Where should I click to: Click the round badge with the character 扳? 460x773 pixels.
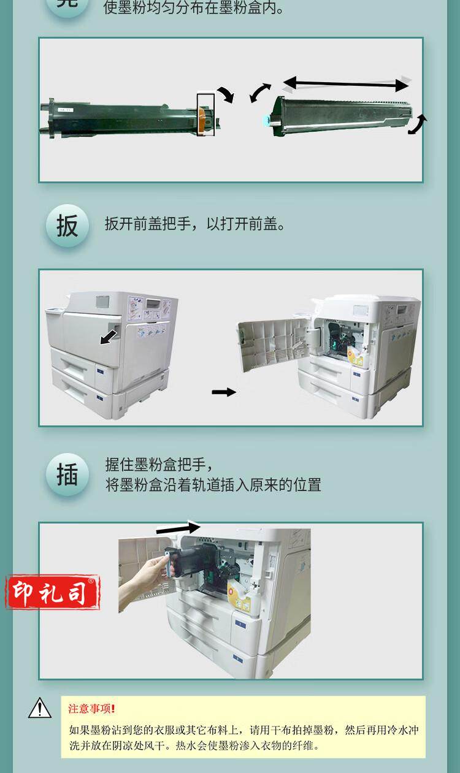click(x=67, y=226)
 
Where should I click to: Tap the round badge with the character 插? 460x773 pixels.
click(x=67, y=474)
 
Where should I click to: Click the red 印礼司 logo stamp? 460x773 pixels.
click(x=53, y=592)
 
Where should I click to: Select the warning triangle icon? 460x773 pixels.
click(x=40, y=709)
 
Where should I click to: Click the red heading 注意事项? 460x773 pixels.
click(x=91, y=709)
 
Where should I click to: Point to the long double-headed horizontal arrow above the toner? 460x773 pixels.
click(x=346, y=84)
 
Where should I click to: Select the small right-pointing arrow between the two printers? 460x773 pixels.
click(x=224, y=392)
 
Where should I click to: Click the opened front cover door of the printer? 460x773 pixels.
click(x=273, y=344)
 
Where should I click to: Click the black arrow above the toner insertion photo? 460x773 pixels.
click(x=178, y=527)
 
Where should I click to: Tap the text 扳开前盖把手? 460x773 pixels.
click(x=147, y=224)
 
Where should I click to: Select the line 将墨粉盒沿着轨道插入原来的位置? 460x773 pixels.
click(x=213, y=485)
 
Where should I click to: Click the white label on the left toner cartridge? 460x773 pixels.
click(x=65, y=110)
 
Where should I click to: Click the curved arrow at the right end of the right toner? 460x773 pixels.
click(x=418, y=124)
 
